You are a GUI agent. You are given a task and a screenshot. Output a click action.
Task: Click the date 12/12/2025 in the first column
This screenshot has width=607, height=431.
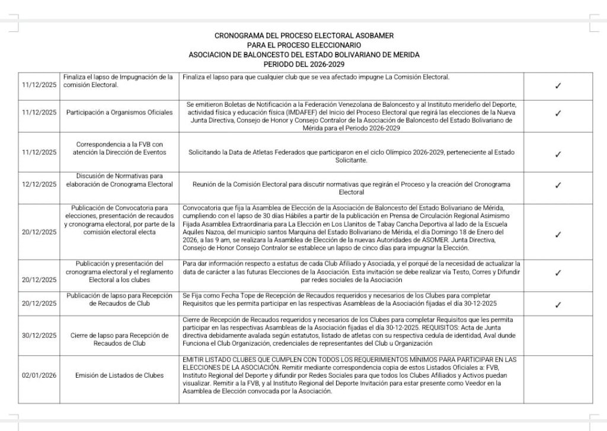(x=39, y=184)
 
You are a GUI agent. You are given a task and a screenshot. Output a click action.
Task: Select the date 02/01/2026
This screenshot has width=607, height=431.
(x=39, y=375)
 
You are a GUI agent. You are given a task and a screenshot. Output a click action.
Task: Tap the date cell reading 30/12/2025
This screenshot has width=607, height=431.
(x=39, y=335)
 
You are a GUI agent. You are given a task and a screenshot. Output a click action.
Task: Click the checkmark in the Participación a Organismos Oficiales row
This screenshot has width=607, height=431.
(x=558, y=113)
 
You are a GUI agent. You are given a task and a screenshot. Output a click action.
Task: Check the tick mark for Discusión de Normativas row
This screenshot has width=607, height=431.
(x=558, y=185)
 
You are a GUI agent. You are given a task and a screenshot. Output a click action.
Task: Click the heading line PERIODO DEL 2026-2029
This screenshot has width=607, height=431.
(x=303, y=64)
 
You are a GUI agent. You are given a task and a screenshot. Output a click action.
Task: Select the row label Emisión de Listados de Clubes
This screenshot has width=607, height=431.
(x=120, y=375)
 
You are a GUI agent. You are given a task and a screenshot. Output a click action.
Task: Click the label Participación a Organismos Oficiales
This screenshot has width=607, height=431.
(x=120, y=112)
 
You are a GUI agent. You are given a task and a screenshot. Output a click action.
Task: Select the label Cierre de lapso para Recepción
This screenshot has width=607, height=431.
(x=120, y=335)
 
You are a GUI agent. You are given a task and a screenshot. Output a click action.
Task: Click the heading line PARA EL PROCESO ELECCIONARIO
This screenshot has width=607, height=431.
(x=303, y=45)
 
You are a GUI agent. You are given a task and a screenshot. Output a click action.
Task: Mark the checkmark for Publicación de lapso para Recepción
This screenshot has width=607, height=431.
(x=558, y=305)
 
